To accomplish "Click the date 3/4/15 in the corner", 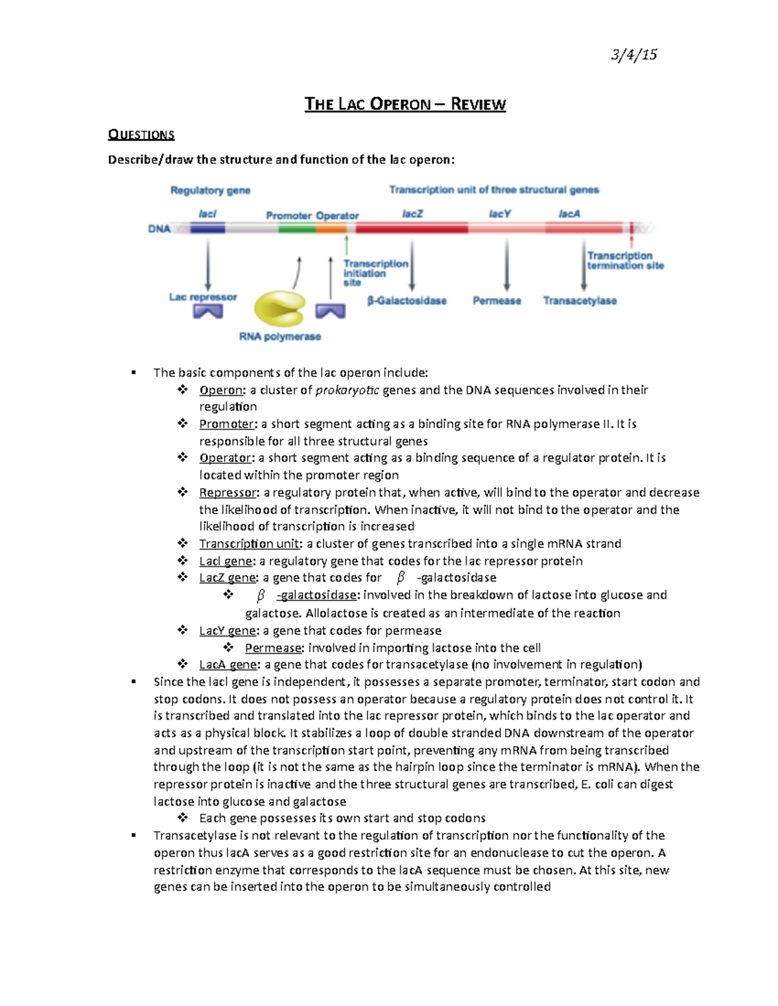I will (x=633, y=54).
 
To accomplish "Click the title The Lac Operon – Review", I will (x=405, y=104).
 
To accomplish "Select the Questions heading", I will (x=141, y=135).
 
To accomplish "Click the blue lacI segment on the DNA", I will (x=207, y=228).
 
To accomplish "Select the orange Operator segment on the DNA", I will (x=331, y=228).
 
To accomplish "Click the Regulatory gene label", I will (x=210, y=190).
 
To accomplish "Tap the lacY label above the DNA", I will (x=499, y=214).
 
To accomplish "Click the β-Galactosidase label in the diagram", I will (x=407, y=301).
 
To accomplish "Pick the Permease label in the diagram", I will (x=497, y=301).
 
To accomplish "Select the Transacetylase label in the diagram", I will (x=580, y=301).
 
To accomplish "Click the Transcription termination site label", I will (x=625, y=260).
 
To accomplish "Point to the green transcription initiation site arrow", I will (x=347, y=245).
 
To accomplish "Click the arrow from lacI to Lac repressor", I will (x=207, y=266).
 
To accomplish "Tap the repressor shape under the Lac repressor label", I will (x=207, y=312).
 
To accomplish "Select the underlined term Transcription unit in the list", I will (x=249, y=544).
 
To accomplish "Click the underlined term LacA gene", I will (x=228, y=665).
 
